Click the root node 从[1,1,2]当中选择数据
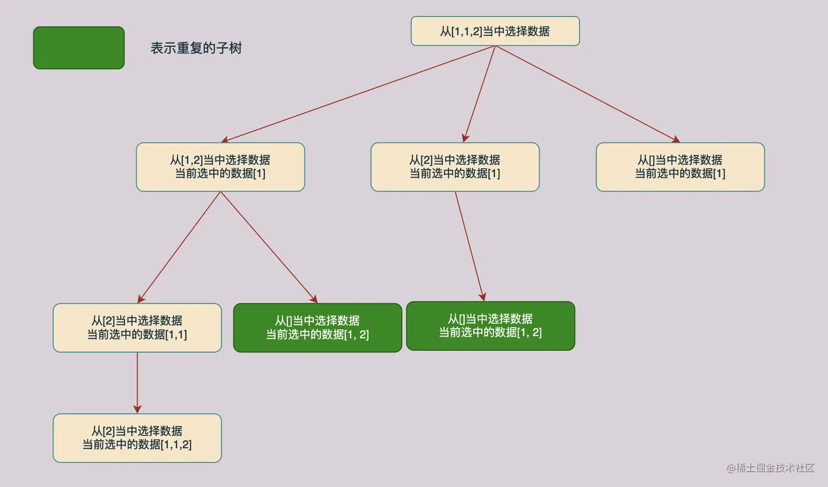click(495, 31)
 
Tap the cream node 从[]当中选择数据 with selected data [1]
click(680, 167)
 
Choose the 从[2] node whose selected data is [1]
click(455, 167)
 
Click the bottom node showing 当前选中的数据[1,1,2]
click(137, 438)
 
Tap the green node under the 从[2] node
click(490, 326)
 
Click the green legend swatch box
click(79, 48)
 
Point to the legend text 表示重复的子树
click(196, 48)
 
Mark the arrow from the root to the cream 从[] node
click(587, 94)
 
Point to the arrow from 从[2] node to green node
click(469, 247)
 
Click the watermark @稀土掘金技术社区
click(770, 468)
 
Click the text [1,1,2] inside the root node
click(467, 32)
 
